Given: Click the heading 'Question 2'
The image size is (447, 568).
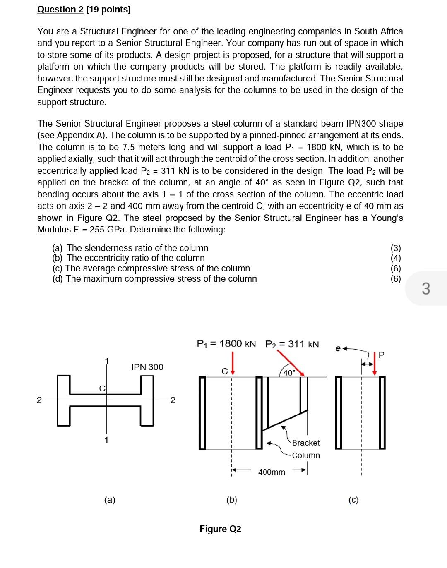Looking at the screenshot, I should (x=60, y=10).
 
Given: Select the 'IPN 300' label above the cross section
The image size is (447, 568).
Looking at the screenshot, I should (x=147, y=367).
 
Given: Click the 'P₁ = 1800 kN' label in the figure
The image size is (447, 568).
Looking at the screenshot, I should (x=226, y=344).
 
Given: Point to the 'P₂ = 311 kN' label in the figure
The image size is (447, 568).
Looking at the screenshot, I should (x=292, y=344).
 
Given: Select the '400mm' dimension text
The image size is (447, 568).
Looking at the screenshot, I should (x=272, y=472).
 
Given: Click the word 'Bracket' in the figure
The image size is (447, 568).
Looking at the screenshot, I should (x=306, y=443).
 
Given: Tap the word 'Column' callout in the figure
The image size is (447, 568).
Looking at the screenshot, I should (x=306, y=455).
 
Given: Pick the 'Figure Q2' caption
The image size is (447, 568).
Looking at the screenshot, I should (x=220, y=529).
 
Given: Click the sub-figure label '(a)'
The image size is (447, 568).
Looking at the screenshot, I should (x=110, y=500).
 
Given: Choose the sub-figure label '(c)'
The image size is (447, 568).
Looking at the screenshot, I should (x=353, y=500).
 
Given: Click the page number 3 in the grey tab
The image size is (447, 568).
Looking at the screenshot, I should (x=426, y=288).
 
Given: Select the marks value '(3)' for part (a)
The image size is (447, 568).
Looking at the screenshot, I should (x=396, y=248).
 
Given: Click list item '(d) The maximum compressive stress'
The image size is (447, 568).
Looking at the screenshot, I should (x=154, y=279).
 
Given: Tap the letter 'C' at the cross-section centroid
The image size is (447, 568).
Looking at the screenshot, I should (x=101, y=388).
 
